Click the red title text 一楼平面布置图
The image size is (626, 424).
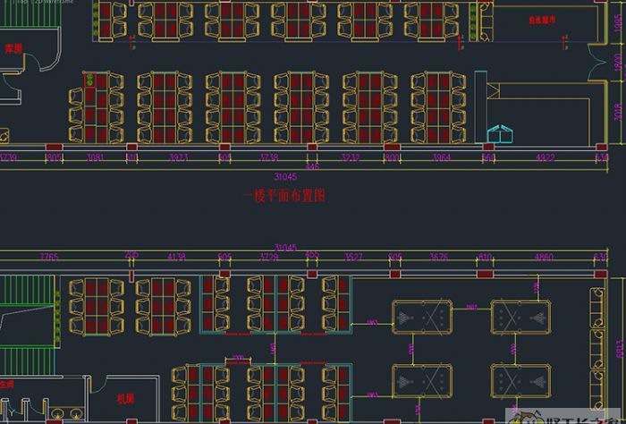283,196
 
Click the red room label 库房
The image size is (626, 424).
13,48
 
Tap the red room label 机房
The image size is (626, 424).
125,399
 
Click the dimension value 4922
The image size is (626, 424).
545,157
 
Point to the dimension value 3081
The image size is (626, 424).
95,157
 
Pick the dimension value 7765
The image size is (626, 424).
48,258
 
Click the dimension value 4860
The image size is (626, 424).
543,258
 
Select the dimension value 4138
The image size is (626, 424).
176,258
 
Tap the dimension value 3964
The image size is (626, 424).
441,157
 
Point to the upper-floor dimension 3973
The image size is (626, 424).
179,157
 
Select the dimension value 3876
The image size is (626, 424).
438,258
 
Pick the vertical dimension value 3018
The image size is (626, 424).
617,112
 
